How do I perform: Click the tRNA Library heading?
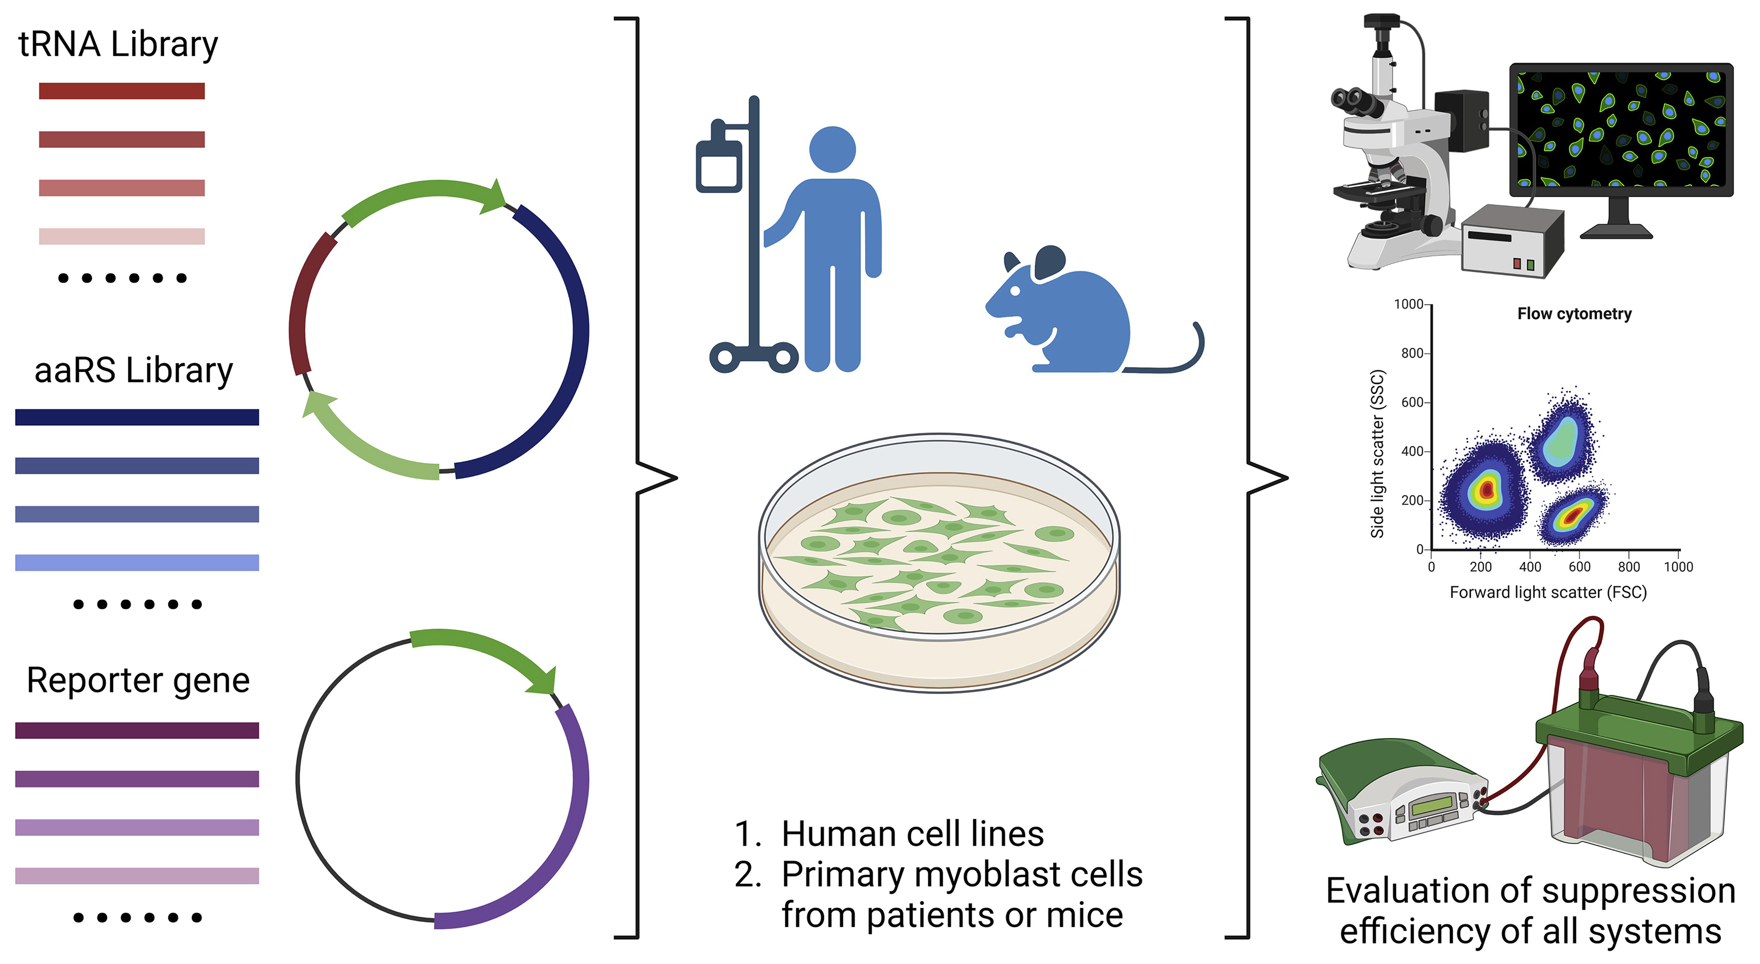(117, 44)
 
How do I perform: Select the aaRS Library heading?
(133, 370)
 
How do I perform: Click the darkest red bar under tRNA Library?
(122, 91)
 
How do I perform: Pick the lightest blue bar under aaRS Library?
(137, 562)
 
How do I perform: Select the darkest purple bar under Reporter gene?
(137, 731)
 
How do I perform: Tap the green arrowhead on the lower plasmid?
(543, 680)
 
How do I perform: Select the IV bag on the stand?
(718, 164)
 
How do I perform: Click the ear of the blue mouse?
(1049, 263)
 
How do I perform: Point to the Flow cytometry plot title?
(1574, 314)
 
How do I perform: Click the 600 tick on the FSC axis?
(1579, 567)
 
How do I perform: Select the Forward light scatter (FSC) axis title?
(1548, 592)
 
